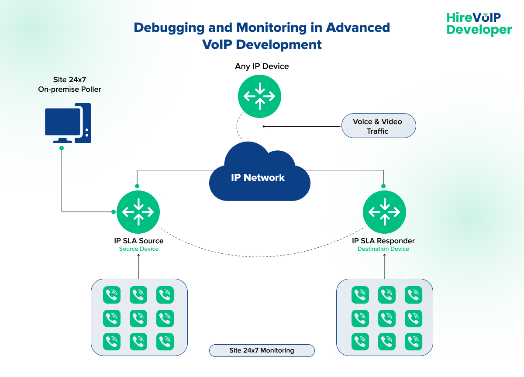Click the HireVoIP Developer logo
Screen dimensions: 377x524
[x=479, y=24]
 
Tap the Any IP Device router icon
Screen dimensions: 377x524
[x=260, y=96]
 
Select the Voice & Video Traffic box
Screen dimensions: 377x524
[x=378, y=126]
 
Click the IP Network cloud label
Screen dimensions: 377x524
[x=258, y=177]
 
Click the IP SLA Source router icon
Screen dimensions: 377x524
[x=138, y=212]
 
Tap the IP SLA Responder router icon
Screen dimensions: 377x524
[x=385, y=212]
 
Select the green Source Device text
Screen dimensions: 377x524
[x=138, y=249]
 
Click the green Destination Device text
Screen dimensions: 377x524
[x=383, y=249]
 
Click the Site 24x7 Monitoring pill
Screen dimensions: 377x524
[x=262, y=350]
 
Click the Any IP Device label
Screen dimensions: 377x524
[x=262, y=66]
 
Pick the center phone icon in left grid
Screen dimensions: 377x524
[x=138, y=318]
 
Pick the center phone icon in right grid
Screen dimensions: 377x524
[x=386, y=318]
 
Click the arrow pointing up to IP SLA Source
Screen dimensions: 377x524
[x=138, y=266]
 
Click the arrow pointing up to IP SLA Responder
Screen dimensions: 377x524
[x=385, y=266]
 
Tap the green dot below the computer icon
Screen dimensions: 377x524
[x=62, y=148]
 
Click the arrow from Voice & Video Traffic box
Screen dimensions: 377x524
[x=301, y=127]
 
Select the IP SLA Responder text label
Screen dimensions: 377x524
[x=383, y=241]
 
